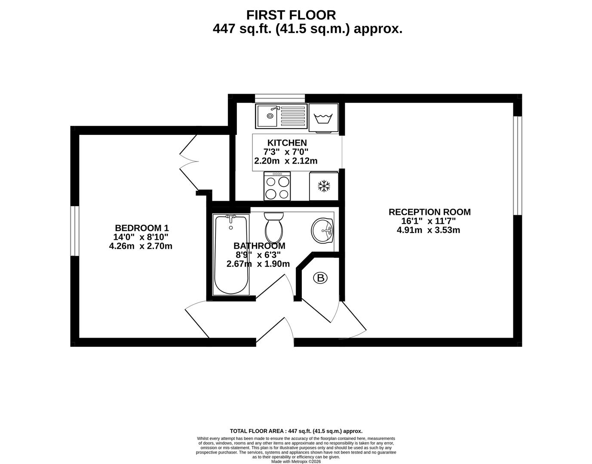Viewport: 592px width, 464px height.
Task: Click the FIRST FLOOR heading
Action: (x=291, y=15)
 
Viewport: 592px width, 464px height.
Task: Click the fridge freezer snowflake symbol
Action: (x=324, y=186)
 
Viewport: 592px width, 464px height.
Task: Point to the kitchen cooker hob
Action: (x=277, y=186)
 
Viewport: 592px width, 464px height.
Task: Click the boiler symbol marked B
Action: (x=320, y=278)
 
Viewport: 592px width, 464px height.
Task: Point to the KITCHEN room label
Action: (x=287, y=143)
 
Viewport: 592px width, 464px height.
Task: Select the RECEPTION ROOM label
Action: (x=429, y=212)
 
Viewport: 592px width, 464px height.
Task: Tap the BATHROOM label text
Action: (x=259, y=246)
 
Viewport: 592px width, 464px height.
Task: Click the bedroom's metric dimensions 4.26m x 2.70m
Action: (x=141, y=246)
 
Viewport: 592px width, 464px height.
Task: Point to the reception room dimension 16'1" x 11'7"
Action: (x=428, y=221)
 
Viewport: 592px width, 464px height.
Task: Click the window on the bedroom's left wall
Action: (x=75, y=231)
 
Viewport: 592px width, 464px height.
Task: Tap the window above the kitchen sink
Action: (x=280, y=98)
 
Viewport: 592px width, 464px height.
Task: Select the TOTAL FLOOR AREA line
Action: (x=296, y=431)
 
